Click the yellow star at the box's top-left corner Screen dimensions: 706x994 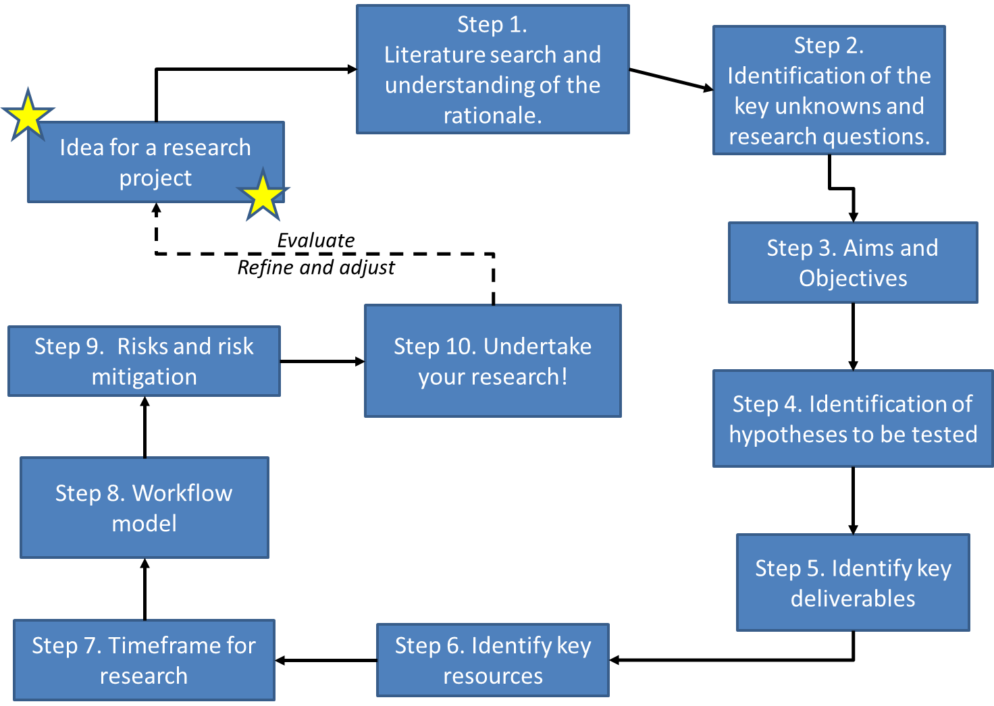point(28,115)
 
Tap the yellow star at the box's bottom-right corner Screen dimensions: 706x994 point(263,196)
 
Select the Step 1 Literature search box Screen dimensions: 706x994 point(492,70)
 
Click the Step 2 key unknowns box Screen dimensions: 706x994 point(829,90)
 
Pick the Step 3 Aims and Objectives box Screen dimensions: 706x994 point(853,263)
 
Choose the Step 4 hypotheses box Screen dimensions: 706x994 point(853,418)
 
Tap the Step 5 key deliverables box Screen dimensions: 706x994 point(853,582)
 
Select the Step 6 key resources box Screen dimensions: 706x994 point(492,660)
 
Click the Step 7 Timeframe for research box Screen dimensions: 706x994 point(144,660)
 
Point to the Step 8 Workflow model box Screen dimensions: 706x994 point(144,508)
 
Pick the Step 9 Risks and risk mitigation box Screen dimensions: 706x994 point(144,361)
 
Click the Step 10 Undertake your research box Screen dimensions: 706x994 point(492,361)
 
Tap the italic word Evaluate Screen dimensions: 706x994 point(315,240)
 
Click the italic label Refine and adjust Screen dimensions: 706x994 point(315,268)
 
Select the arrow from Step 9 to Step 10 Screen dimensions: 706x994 point(322,361)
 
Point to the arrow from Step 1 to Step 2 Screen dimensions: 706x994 point(671,79)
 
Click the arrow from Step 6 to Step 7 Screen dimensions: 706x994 point(325,660)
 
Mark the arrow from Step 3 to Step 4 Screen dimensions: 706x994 point(853,336)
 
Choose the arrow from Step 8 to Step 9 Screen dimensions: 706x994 point(145,427)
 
